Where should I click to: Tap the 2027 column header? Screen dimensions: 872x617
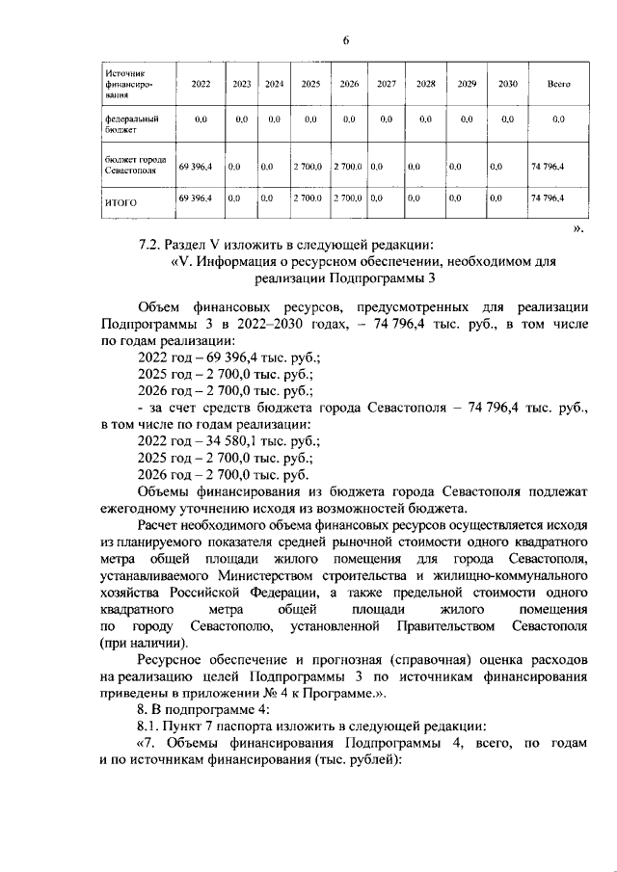coord(386,85)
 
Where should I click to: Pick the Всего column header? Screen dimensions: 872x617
coord(558,85)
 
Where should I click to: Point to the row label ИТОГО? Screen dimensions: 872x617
coord(121,203)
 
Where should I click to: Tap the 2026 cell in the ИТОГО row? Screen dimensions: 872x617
coord(346,198)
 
